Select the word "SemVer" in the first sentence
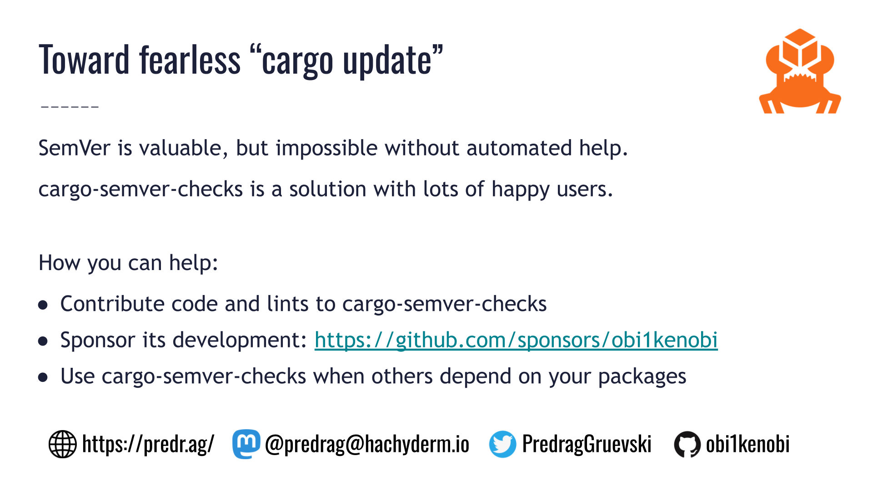[74, 148]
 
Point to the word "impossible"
[326, 148]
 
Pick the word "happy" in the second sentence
[520, 190]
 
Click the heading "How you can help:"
[128, 263]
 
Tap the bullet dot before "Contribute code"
[43, 305]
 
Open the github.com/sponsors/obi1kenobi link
[516, 340]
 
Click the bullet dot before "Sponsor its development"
[43, 341]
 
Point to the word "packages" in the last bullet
[642, 377]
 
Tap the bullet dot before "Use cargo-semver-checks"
[43, 377]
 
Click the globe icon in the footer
[62, 444]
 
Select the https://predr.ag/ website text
[148, 444]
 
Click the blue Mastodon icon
[246, 444]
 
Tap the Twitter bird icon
[502, 444]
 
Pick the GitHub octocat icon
[687, 444]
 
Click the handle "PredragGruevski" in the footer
[587, 444]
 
